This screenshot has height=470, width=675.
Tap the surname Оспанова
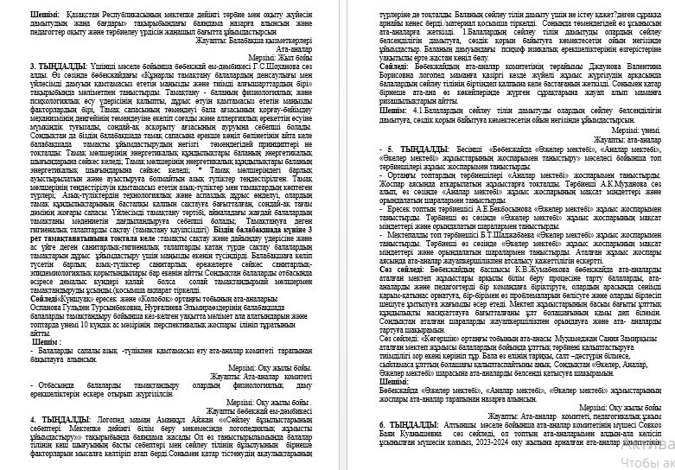[x=48, y=281]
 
